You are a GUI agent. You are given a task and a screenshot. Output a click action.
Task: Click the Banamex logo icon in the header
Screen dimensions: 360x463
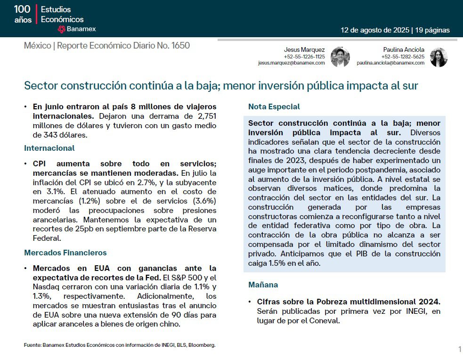pos(61,29)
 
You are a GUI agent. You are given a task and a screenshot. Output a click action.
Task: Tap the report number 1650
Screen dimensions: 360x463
pos(180,46)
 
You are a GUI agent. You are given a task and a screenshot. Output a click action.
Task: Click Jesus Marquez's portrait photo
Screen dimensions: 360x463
pos(340,57)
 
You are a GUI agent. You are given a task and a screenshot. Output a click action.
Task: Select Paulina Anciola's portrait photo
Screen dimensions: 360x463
pos(439,57)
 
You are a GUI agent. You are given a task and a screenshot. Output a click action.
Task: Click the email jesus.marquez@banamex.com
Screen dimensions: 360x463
pos(291,63)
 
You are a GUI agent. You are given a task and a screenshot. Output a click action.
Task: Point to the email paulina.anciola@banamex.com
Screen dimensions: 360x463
pos(390,63)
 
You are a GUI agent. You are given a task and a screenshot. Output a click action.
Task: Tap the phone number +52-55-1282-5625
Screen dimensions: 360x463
pos(407,57)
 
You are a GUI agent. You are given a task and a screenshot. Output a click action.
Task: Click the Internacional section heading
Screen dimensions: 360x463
pos(49,148)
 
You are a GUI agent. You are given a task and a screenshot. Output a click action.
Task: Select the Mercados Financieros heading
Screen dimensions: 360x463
pos(65,253)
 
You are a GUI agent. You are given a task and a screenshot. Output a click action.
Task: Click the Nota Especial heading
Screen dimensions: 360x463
pos(274,106)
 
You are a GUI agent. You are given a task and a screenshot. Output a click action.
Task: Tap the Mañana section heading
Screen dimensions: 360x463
pos(263,285)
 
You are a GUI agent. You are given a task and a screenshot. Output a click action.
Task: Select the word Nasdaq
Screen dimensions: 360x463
pos(46,287)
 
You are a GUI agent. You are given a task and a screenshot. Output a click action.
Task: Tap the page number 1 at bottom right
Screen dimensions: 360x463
pos(459,349)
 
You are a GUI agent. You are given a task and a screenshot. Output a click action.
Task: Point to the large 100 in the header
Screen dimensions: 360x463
pos(22,9)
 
